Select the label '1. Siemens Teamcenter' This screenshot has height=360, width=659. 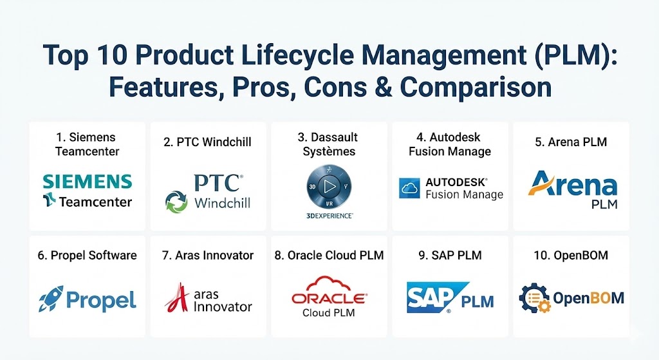tap(87, 144)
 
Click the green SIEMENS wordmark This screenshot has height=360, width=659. tap(88, 182)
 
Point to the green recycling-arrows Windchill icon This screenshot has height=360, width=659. tap(176, 202)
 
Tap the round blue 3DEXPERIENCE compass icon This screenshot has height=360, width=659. tap(329, 187)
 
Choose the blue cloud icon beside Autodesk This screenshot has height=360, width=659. tap(409, 189)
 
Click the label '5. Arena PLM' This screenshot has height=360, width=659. tap(571, 142)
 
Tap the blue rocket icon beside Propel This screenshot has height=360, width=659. tap(50, 299)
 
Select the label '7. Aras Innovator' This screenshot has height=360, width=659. tap(208, 255)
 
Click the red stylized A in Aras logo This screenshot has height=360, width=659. tap(178, 298)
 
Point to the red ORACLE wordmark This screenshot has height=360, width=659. tap(329, 299)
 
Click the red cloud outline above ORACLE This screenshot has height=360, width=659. tap(329, 283)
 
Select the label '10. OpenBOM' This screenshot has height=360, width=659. tap(571, 255)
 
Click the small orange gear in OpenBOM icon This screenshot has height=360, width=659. tap(544, 306)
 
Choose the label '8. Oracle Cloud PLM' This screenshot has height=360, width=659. tap(329, 255)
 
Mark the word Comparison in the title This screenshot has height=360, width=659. tap(476, 87)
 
